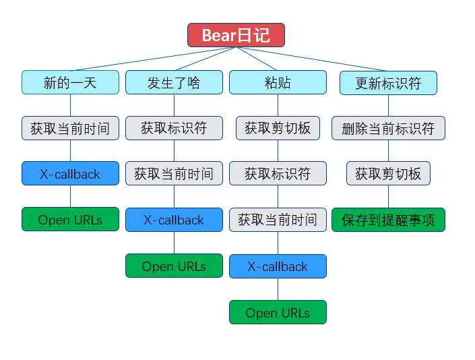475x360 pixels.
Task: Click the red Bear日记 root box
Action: click(236, 35)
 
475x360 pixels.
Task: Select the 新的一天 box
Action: click(70, 82)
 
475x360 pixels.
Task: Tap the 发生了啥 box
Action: click(174, 82)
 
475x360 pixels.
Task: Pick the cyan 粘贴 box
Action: click(278, 82)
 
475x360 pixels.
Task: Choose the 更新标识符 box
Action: click(388, 82)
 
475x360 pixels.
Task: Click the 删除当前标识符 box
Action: click(388, 128)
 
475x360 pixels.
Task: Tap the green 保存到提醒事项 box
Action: click(388, 220)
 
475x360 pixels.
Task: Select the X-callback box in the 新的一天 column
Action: click(70, 173)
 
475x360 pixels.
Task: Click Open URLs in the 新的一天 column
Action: click(70, 219)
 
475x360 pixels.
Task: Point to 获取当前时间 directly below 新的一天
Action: click(70, 128)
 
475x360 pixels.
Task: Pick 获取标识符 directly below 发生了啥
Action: click(174, 128)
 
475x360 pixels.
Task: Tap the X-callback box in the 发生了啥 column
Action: click(174, 219)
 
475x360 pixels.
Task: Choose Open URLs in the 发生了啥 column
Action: click(174, 266)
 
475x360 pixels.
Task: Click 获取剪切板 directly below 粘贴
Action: click(278, 128)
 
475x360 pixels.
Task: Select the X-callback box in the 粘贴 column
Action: click(278, 266)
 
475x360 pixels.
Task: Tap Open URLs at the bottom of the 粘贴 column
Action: click(278, 311)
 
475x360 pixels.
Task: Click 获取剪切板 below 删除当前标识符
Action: click(388, 173)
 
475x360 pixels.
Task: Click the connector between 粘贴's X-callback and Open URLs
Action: click(278, 289)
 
